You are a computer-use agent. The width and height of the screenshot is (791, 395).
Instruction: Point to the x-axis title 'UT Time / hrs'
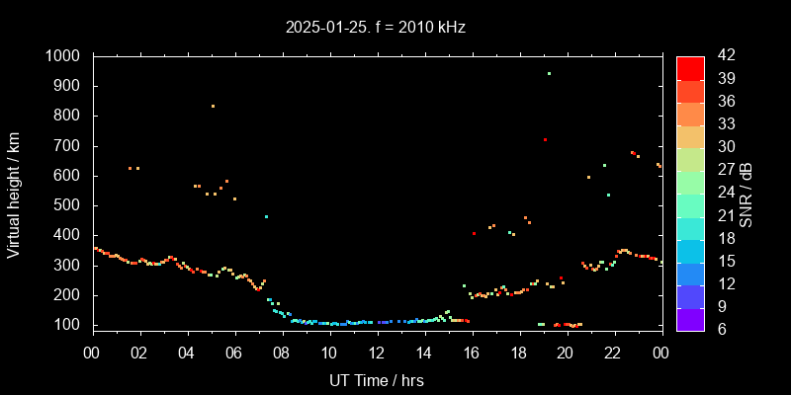[x=377, y=379]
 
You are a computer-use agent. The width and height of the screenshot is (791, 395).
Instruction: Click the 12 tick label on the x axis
[x=377, y=353]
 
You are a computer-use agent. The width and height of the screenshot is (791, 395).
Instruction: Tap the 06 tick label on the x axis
[x=234, y=353]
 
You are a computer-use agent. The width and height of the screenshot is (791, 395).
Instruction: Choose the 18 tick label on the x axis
[x=519, y=353]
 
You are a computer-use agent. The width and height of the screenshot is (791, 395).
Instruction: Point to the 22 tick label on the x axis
[x=614, y=353]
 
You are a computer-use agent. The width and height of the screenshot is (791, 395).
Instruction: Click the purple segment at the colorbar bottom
[x=690, y=318]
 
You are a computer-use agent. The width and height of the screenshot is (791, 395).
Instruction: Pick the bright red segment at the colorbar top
[x=690, y=67]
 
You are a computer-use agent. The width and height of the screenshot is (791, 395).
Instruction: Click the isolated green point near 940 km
[x=549, y=73]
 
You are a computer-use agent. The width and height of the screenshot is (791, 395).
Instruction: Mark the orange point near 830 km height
[x=213, y=107]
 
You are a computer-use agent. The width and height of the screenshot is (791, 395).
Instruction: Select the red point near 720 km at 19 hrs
[x=545, y=139]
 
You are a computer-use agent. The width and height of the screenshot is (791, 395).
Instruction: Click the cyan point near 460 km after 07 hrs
[x=266, y=216]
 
